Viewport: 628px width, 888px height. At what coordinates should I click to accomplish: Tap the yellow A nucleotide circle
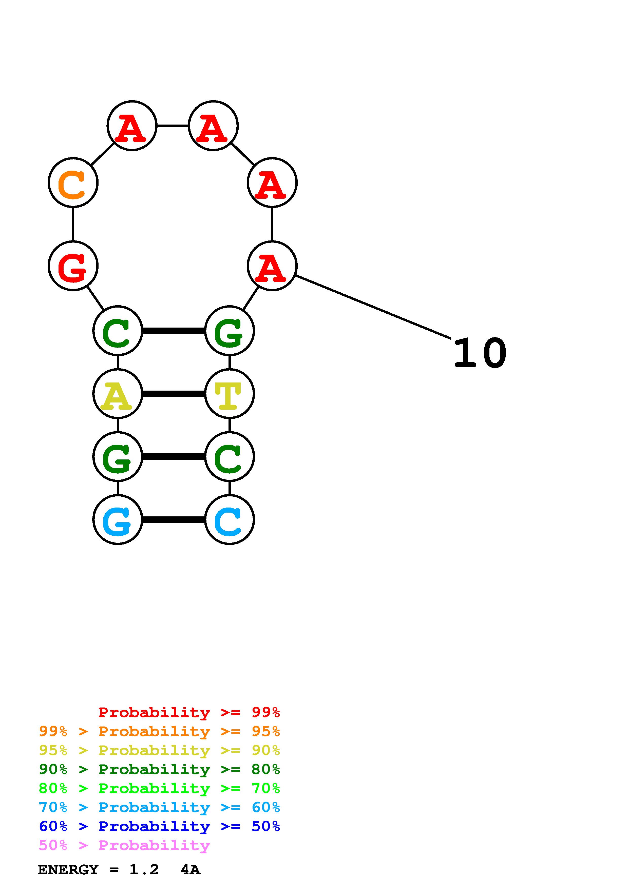[x=118, y=394]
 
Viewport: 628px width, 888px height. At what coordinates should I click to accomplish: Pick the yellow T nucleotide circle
[x=230, y=394]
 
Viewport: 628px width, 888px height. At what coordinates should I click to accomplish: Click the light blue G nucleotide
[x=118, y=520]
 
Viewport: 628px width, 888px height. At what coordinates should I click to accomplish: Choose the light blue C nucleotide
[x=230, y=520]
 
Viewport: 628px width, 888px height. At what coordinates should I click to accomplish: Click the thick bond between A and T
[x=173, y=394]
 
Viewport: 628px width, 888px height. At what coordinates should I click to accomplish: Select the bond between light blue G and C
[x=173, y=520]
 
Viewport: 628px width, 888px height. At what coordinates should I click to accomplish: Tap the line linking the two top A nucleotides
[x=173, y=126]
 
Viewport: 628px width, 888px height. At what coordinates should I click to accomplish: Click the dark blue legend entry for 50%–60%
[x=159, y=826]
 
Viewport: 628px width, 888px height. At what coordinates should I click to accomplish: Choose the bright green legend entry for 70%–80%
[x=159, y=788]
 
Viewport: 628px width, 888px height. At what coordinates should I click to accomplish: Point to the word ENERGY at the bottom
[x=68, y=870]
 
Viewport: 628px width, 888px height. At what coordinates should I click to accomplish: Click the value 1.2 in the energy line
[x=144, y=870]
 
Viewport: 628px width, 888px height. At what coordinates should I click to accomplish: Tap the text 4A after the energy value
[x=190, y=870]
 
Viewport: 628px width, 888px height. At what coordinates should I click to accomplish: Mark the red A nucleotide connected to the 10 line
[x=272, y=266]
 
